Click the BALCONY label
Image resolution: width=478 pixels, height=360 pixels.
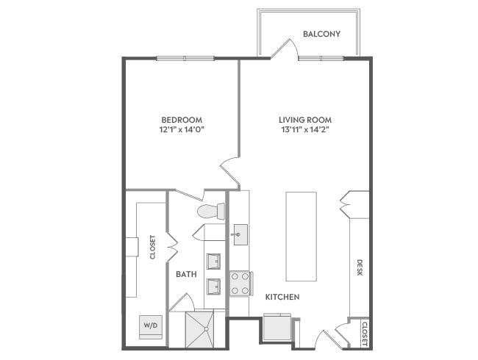321,33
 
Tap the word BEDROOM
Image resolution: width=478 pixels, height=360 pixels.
182,120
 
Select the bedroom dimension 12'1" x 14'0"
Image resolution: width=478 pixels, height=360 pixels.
182,130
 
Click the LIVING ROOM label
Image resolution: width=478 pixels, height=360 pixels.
304,120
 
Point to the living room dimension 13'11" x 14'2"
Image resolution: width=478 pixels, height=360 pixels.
304,130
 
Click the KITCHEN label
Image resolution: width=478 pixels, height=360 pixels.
282,297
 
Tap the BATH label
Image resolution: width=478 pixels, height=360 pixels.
186,274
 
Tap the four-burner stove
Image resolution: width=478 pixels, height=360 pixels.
240,283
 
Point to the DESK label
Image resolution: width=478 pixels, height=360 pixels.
360,268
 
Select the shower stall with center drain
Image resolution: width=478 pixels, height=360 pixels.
199,328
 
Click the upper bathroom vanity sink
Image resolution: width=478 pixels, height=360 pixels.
213,261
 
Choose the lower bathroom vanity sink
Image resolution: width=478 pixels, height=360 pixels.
213,285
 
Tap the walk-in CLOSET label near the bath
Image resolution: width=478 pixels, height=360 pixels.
153,247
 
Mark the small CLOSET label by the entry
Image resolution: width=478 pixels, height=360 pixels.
364,333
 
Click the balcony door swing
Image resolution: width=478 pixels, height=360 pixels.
283,49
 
